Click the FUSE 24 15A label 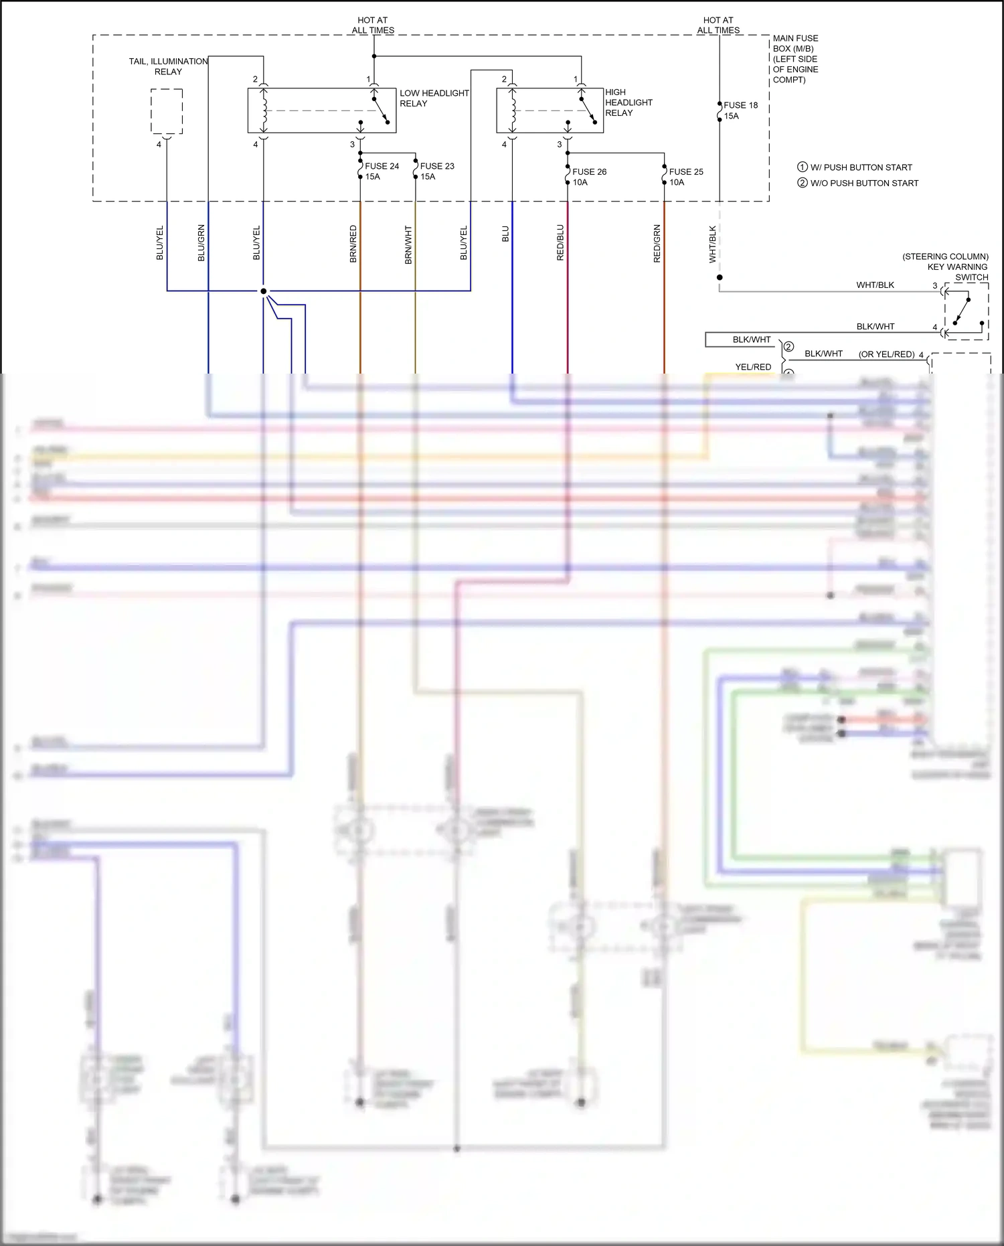(x=382, y=171)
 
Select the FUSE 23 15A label (x=436, y=171)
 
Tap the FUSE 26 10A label (x=589, y=177)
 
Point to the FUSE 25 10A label (x=685, y=177)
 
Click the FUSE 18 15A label (x=740, y=110)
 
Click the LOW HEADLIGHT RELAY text (x=434, y=98)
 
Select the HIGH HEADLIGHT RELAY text (x=628, y=102)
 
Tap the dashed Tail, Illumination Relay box (x=167, y=112)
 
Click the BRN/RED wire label (x=353, y=244)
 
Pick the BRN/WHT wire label (x=408, y=244)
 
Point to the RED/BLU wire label (x=560, y=242)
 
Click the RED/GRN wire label (x=657, y=243)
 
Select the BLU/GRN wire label (x=201, y=243)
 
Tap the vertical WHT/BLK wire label (x=713, y=244)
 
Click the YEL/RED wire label (x=753, y=367)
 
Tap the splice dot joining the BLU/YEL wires (x=264, y=291)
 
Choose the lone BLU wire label (x=505, y=234)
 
